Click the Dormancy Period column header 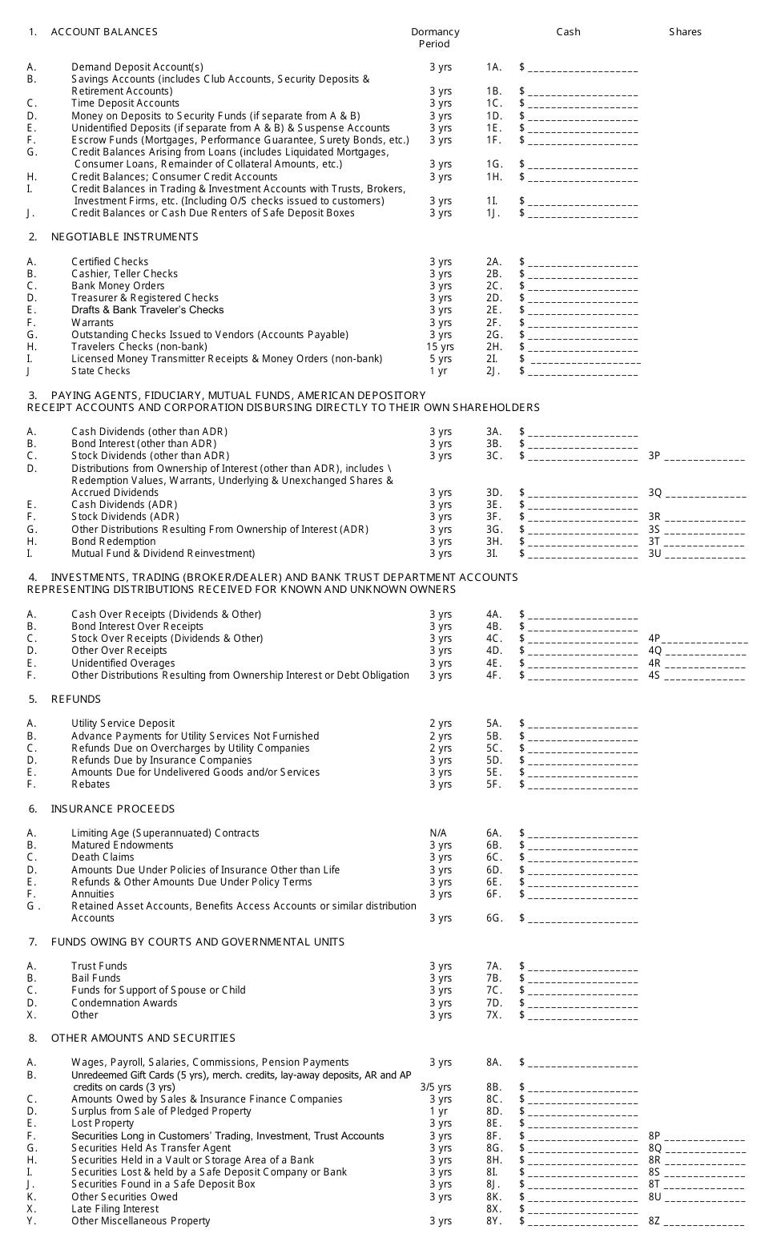(435, 38)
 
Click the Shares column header (685, 32)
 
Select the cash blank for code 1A (583, 69)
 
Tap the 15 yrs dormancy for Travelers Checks (440, 347)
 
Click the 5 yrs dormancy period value (440, 359)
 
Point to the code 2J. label (493, 371)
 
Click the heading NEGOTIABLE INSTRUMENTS (124, 237)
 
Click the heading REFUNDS (76, 700)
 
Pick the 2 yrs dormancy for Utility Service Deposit (440, 724)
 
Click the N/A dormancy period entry (438, 833)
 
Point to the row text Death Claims (103, 857)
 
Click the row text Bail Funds (96, 978)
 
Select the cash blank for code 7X (583, 1016)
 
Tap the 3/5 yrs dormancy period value (436, 1087)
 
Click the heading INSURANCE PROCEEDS (112, 809)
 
